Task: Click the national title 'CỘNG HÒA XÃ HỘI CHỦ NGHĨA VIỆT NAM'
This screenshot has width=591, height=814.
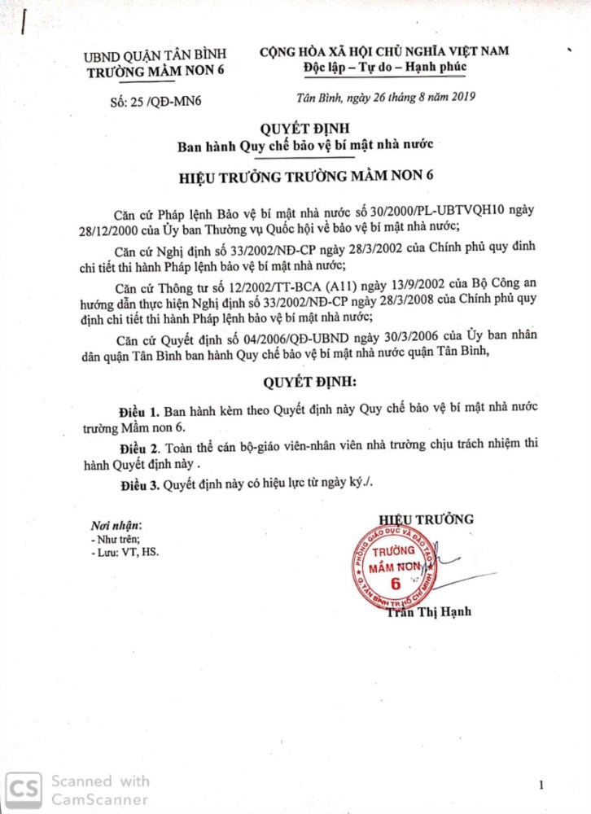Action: pos(384,50)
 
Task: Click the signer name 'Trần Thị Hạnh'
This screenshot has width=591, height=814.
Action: pos(429,613)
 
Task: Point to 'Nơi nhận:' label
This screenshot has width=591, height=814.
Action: pos(116,526)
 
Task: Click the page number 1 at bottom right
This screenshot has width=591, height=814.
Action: pos(541,785)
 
